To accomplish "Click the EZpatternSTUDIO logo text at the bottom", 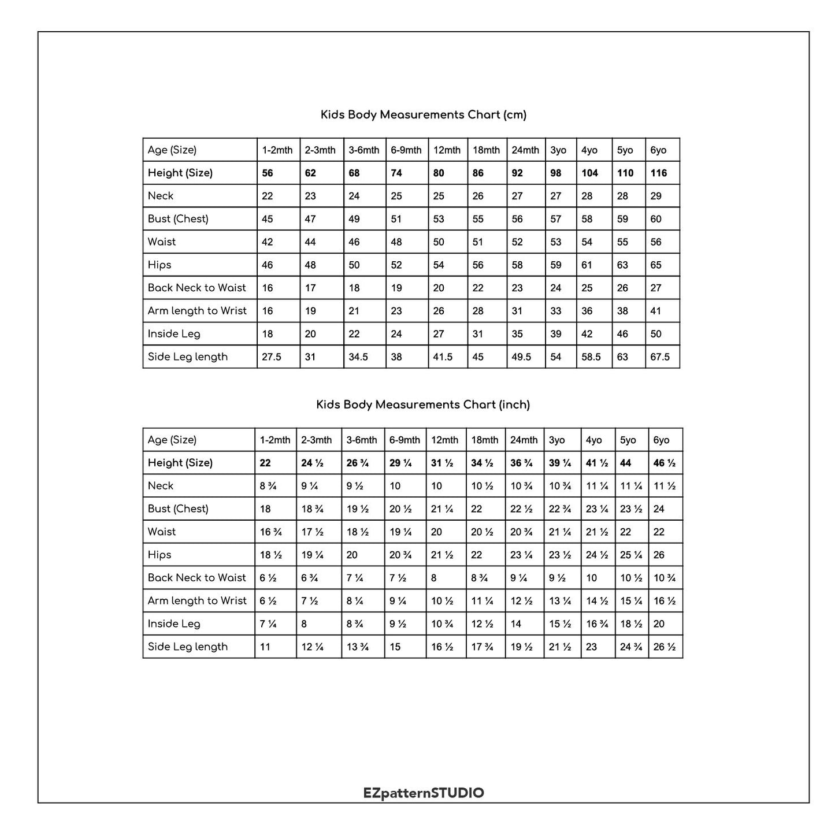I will [x=424, y=793].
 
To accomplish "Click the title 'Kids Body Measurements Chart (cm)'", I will [x=424, y=115].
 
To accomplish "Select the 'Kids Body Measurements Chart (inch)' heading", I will [x=423, y=404].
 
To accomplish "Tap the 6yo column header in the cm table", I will [x=658, y=150].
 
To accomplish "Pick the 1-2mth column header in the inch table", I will [x=275, y=440].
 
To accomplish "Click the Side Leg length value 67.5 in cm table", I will [x=660, y=357].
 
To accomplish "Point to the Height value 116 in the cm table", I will [x=658, y=173].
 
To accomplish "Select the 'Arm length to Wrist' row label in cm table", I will [x=197, y=311].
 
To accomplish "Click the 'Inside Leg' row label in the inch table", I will [x=174, y=624].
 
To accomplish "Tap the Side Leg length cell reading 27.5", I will [x=272, y=357].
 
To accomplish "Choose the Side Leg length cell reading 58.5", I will [x=591, y=357].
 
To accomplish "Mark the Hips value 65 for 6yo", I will [x=656, y=265].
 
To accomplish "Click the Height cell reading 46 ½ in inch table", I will [x=665, y=463].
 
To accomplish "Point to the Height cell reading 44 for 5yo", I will [x=625, y=463].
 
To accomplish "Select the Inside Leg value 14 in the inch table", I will [x=516, y=624].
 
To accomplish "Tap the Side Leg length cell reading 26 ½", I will [x=665, y=647].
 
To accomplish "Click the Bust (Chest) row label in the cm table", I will [x=178, y=219].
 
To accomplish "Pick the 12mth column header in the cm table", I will [x=447, y=150].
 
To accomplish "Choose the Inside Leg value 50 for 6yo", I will [x=656, y=334].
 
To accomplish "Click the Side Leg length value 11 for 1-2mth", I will [x=265, y=647].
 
